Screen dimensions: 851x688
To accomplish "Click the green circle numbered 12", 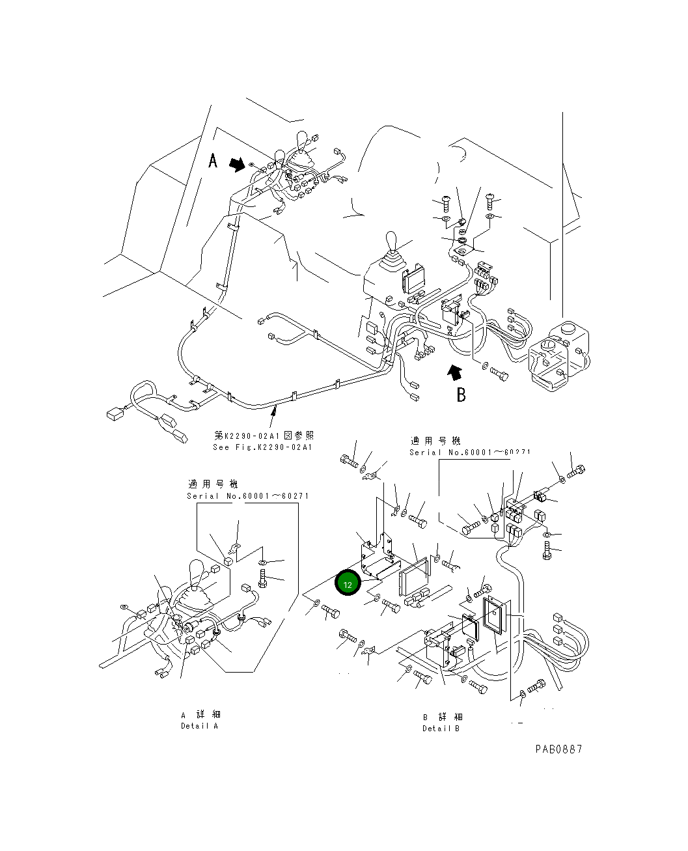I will click(348, 584).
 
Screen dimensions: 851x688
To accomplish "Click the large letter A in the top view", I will click(213, 161).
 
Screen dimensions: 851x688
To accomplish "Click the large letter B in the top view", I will click(461, 395).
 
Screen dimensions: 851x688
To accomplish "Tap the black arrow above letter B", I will click(454, 372).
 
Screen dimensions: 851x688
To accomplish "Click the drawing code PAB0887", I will click(558, 749).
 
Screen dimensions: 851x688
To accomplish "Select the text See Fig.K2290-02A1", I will click(262, 447).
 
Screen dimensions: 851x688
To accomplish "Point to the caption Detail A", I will click(199, 726).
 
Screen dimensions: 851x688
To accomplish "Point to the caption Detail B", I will click(441, 728).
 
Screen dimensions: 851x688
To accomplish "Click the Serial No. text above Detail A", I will click(247, 496).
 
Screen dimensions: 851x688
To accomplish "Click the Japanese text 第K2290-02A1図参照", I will click(264, 436).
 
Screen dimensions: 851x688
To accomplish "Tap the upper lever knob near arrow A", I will click(301, 140).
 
